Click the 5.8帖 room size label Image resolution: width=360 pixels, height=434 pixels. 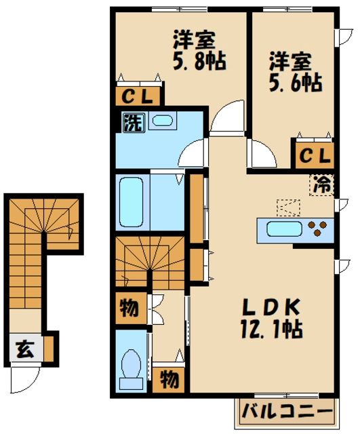tap(198, 61)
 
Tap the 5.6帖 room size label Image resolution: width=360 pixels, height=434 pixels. tap(293, 83)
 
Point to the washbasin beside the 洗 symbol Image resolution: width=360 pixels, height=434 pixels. tap(162, 121)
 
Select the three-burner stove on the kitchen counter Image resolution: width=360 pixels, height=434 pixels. tap(317, 229)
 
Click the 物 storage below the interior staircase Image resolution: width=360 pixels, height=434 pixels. tap(129, 309)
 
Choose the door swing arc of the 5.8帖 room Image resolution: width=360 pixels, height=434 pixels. tap(225, 119)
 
